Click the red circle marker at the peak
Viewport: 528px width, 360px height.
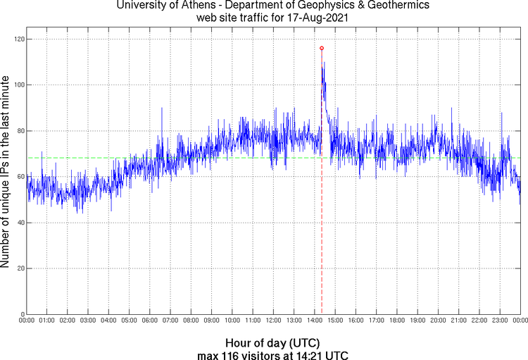322,48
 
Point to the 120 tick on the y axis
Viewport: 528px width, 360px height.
17,39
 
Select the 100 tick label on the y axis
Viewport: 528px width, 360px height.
17,85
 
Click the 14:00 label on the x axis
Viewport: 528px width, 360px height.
314,321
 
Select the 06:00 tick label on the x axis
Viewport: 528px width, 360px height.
150,321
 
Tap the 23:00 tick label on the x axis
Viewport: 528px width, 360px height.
499,321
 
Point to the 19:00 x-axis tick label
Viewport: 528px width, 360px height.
417,321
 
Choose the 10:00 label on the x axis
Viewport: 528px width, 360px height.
232,321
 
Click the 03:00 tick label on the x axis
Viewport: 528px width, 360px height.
88,321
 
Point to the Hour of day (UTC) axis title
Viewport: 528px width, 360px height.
273,342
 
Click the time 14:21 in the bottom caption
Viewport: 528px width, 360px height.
311,354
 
